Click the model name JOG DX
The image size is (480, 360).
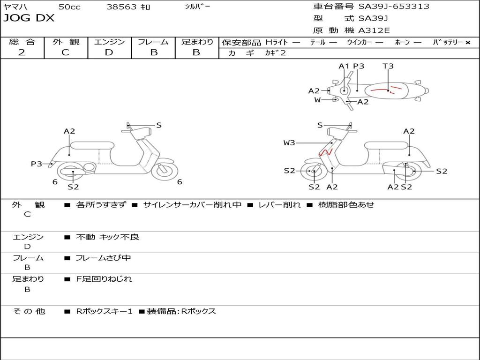coord(29,18)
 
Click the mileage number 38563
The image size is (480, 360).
coord(121,7)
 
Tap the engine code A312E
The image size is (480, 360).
coord(374,31)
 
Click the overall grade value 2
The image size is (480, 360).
coord(22,52)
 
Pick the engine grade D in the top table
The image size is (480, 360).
coord(109,52)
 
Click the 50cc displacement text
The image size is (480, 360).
coord(69,7)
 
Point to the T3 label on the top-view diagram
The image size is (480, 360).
coord(388,66)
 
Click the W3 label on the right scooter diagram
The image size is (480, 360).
coord(289,142)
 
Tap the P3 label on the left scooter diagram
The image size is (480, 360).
coord(36,164)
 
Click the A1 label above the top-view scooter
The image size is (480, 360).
coord(344,66)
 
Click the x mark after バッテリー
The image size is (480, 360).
coord(468,43)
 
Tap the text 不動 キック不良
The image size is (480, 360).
coord(107,237)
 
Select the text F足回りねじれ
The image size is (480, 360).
coord(104,279)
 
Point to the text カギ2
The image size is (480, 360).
coord(275,53)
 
